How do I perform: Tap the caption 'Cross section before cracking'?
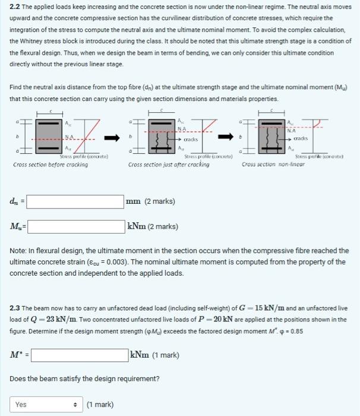(x=50, y=165)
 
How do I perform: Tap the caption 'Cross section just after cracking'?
(x=169, y=165)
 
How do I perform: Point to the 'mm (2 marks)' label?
(x=151, y=201)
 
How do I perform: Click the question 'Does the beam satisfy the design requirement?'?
(x=84, y=379)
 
